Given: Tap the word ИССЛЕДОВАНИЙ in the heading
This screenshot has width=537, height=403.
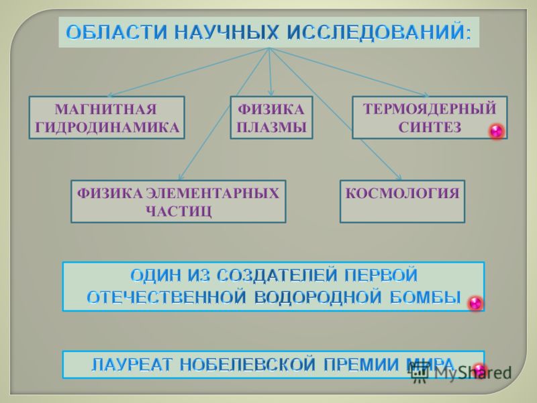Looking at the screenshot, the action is click(379, 32).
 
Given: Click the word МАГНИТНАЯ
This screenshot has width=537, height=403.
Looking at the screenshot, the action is click(106, 109).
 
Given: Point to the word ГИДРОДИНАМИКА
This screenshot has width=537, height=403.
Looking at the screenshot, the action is click(107, 127).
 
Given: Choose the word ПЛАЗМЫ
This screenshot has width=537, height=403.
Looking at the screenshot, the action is click(271, 127).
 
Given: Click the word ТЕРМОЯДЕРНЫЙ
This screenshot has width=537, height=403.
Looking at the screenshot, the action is click(430, 109).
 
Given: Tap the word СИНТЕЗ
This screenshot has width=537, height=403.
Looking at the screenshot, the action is click(430, 127).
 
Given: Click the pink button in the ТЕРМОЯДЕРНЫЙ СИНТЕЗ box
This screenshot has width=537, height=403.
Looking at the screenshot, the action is click(496, 131).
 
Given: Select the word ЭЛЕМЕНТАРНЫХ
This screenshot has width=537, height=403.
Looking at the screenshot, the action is click(213, 193).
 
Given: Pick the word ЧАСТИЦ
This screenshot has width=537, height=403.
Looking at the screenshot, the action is click(179, 212).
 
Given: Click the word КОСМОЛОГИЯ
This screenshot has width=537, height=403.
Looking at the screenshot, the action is click(402, 193).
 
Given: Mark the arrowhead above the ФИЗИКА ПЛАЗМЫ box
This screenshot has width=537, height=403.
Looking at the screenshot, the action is click(271, 93).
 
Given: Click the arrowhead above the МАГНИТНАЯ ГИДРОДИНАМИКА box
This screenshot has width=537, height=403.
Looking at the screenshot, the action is click(111, 95).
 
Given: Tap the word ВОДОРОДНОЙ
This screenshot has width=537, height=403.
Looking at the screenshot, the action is click(318, 297).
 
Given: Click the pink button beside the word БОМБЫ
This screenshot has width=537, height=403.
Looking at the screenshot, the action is click(475, 303).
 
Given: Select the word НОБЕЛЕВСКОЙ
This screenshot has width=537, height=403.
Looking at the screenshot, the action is click(247, 364).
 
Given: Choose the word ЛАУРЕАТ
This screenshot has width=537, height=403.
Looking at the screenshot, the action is click(132, 364).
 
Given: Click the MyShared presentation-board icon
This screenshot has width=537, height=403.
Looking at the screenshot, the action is click(419, 373).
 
